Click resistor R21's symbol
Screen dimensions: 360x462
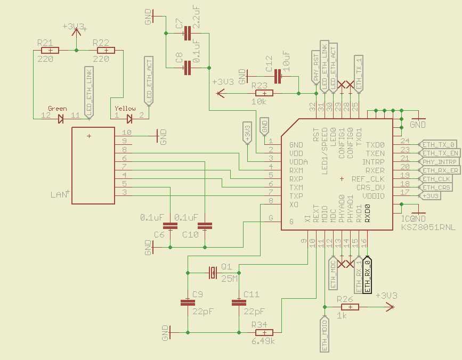coord(49,51)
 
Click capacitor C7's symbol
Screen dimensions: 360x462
coord(186,35)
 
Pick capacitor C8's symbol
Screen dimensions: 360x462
coord(187,68)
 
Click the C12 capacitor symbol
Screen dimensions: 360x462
coord(278,77)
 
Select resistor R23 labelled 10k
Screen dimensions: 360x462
coord(260,93)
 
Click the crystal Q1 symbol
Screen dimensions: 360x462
coord(213,273)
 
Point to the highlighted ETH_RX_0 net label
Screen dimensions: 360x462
coord(367,275)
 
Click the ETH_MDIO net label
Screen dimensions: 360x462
coord(324,334)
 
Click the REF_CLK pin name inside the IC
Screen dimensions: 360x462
coord(368,179)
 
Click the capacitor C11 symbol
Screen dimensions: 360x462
coord(236,302)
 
